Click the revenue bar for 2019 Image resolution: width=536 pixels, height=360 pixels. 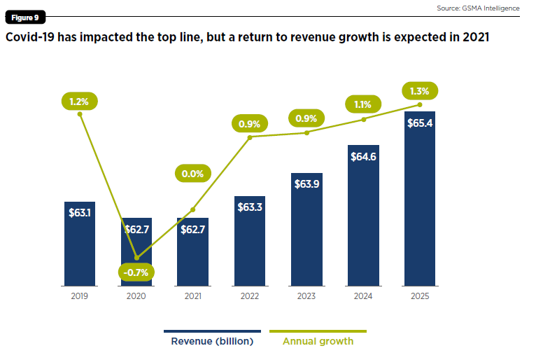(79, 245)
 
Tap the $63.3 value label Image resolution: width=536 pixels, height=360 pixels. (250, 207)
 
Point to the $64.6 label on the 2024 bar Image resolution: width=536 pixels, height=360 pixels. (363, 156)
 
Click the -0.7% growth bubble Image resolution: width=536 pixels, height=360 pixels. (136, 272)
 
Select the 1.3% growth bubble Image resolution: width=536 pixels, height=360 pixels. (420, 90)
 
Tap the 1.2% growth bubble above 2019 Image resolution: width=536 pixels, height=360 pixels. (79, 102)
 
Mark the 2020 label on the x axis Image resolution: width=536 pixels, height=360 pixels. (136, 296)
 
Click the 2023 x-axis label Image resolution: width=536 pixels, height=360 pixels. (306, 296)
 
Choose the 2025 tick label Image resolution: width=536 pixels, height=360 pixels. (420, 296)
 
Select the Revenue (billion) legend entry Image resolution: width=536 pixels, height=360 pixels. (212, 342)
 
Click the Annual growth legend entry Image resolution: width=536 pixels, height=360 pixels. (318, 342)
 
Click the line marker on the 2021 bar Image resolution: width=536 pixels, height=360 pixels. (193, 209)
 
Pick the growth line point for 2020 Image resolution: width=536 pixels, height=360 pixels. (136, 258)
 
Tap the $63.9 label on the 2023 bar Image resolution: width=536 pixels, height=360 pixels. (306, 184)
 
